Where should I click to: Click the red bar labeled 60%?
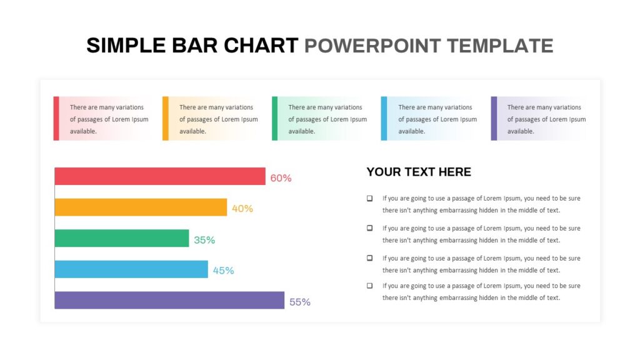160,176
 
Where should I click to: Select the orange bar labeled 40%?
141,207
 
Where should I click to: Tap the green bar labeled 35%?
122,238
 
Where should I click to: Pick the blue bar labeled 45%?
131,269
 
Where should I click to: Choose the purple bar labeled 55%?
169,301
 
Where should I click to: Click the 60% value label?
281,178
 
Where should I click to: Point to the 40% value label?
242,209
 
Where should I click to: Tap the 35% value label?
204,240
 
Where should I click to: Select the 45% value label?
223,271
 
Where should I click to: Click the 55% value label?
300,302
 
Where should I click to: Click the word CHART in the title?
261,45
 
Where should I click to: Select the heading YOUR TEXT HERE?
419,172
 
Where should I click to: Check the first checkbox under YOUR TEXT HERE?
370,198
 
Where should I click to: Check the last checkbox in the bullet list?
370,286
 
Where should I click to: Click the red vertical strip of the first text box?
56,118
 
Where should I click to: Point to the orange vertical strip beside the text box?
165,118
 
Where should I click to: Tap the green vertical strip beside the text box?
275,118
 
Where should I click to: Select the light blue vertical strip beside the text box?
384,118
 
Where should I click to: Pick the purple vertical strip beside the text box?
494,118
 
